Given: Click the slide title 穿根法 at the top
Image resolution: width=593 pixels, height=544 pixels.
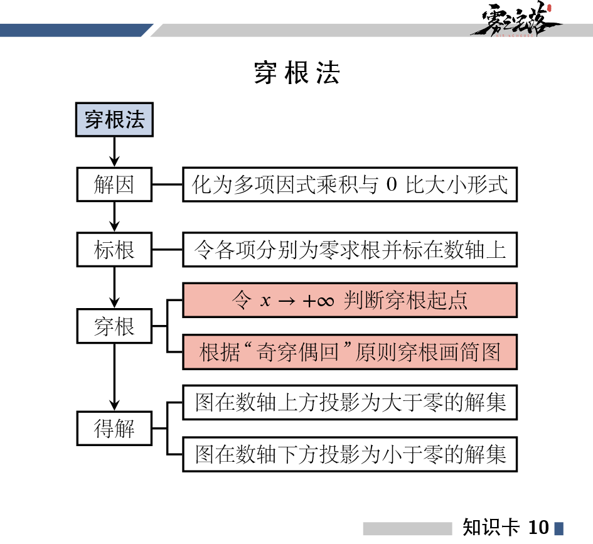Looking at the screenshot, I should tap(297, 73).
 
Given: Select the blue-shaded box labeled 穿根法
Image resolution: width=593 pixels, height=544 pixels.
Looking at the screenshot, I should tap(114, 120).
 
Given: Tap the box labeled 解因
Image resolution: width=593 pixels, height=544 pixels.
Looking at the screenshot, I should tap(114, 184).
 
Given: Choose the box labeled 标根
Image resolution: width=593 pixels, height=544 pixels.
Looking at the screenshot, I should tap(114, 249).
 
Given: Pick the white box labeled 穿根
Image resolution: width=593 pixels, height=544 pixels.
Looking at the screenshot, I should tap(114, 326).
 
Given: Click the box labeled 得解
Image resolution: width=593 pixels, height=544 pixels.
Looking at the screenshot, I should tap(114, 429).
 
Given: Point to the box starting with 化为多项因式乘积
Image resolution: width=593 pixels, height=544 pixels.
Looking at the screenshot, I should tap(350, 184).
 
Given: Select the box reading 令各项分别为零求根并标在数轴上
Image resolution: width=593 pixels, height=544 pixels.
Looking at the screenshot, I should tap(350, 249).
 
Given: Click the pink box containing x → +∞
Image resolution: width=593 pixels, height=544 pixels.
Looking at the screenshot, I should tap(350, 301).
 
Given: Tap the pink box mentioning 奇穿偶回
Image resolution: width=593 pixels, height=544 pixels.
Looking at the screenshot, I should tap(350, 352).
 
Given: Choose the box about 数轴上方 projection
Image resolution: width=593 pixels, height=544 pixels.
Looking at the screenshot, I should tap(350, 402).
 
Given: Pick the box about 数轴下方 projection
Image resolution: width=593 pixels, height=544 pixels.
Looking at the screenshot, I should tap(350, 454).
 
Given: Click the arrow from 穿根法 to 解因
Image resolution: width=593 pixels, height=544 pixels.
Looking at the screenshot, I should tap(114, 152).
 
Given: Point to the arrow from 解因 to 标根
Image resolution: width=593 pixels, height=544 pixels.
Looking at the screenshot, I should tap(114, 217).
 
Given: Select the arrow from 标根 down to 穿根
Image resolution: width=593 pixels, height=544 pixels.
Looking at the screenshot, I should tap(114, 287).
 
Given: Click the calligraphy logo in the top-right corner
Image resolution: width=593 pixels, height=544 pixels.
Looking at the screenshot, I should tap(515, 21).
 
